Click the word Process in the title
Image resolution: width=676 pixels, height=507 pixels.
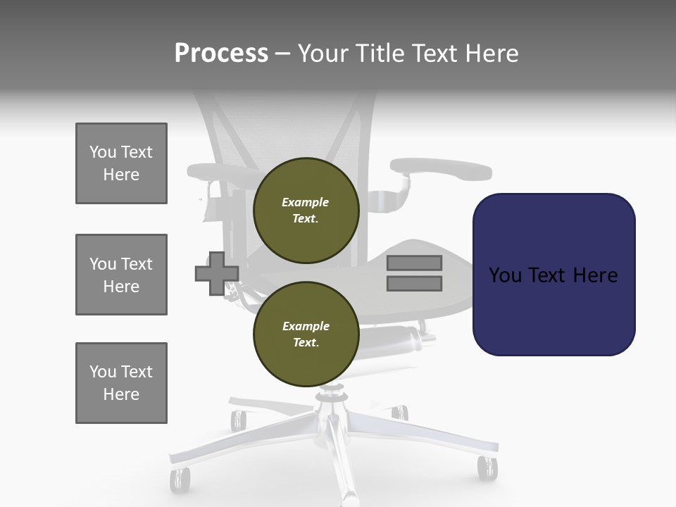tap(221, 54)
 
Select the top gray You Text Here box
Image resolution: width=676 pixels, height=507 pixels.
tap(121, 163)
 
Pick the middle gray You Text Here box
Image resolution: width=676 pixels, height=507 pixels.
tap(121, 275)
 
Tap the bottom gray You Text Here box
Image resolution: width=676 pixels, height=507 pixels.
tap(121, 383)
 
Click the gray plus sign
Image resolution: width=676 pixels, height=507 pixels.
tap(216, 273)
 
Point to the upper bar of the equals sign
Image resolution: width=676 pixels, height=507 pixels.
tap(414, 263)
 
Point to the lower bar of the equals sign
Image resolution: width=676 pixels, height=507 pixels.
tap(414, 284)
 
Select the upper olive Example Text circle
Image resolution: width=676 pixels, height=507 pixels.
tap(306, 211)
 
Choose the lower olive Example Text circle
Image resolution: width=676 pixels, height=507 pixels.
tap(306, 334)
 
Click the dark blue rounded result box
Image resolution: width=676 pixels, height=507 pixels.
tap(553, 274)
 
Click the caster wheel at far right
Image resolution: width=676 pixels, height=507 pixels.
tap(487, 467)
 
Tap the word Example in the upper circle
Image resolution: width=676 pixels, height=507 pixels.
tap(305, 202)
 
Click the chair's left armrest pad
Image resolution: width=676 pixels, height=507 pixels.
tap(218, 171)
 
